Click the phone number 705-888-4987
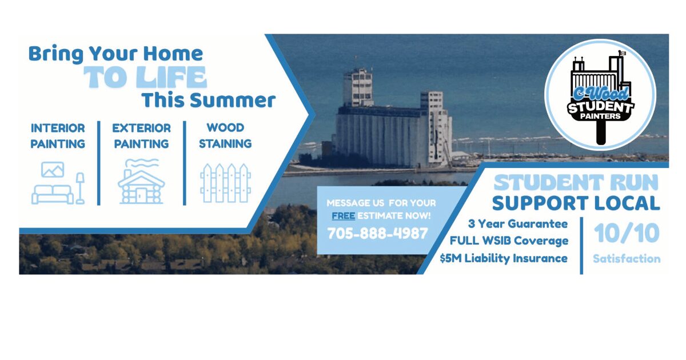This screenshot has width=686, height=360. click(377, 233)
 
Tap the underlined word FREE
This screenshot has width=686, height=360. click(344, 216)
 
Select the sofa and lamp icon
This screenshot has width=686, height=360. click(58, 183)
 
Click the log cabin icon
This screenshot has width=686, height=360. click(141, 181)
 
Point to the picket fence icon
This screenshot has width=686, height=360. click(225, 183)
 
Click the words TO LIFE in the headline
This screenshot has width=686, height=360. click(145, 77)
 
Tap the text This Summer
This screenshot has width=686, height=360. click(208, 100)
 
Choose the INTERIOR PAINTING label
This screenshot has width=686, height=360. click(58, 135)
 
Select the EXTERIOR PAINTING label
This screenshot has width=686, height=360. click(141, 135)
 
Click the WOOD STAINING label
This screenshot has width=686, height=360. click(225, 135)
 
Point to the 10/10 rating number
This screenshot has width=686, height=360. click(627, 233)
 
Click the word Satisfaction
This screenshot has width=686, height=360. click(627, 259)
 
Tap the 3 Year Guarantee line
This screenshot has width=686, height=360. click(517, 224)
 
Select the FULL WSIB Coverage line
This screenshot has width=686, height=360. click(509, 241)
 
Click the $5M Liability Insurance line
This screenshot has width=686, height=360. click(504, 258)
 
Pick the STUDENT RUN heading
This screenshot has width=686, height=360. click(576, 183)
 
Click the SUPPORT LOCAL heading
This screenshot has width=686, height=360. click(576, 203)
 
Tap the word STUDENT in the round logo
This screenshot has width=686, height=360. click(601, 107)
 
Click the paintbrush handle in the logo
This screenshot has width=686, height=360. click(601, 132)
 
